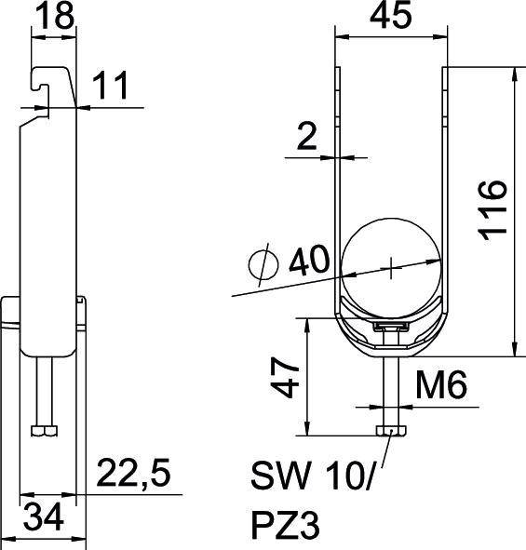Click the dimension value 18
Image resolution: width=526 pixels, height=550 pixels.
pyautogui.click(x=53, y=18)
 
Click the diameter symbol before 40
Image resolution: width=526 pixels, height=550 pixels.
pyautogui.click(x=263, y=265)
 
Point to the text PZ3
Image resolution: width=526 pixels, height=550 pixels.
pyautogui.click(x=286, y=527)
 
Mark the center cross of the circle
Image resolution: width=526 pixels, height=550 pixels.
pyautogui.click(x=391, y=265)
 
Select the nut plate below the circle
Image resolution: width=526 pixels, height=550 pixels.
pyautogui.click(x=390, y=327)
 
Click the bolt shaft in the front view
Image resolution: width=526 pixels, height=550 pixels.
pyautogui.click(x=390, y=391)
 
